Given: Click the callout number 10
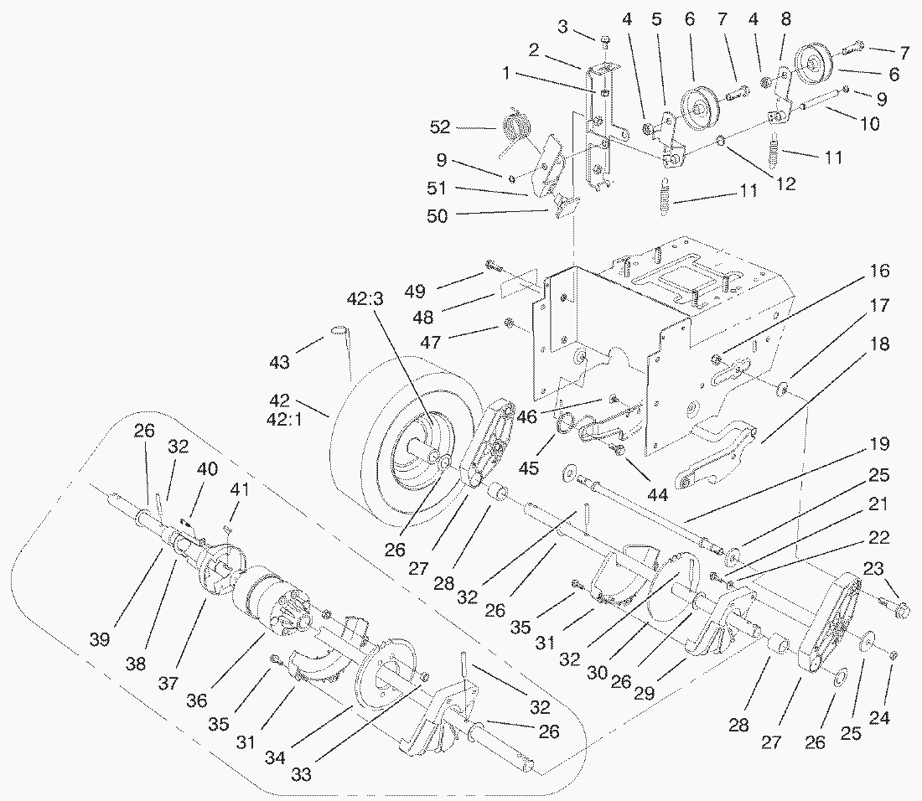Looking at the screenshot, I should [x=869, y=123].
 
